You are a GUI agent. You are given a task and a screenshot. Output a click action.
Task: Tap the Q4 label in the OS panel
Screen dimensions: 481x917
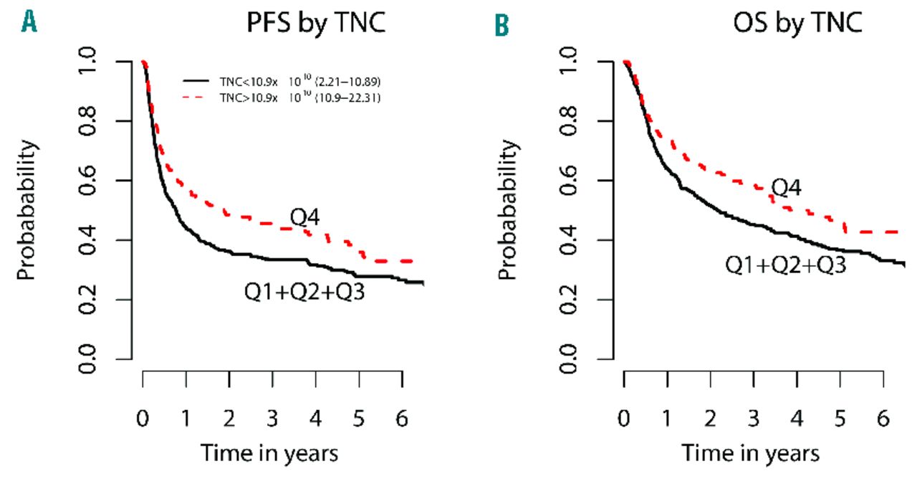click(785, 189)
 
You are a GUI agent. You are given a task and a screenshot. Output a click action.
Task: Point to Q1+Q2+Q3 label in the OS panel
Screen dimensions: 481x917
click(786, 265)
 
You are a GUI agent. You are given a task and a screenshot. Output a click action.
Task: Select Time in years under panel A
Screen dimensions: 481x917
click(269, 453)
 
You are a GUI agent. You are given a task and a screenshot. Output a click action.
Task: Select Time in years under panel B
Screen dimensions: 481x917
click(750, 453)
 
